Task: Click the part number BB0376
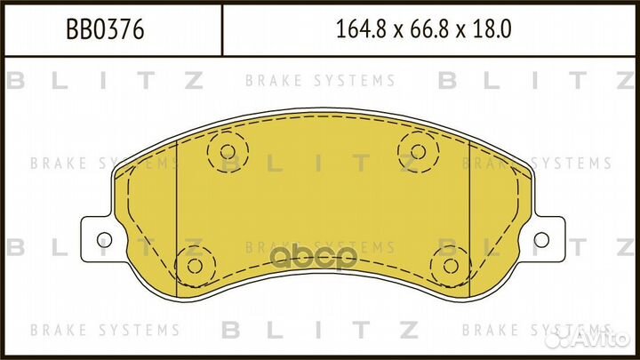pos(106,31)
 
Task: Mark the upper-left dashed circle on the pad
pos(226,150)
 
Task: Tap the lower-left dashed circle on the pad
pos(192,264)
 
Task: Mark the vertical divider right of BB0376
pos(220,31)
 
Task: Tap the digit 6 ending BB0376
pos(139,31)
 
